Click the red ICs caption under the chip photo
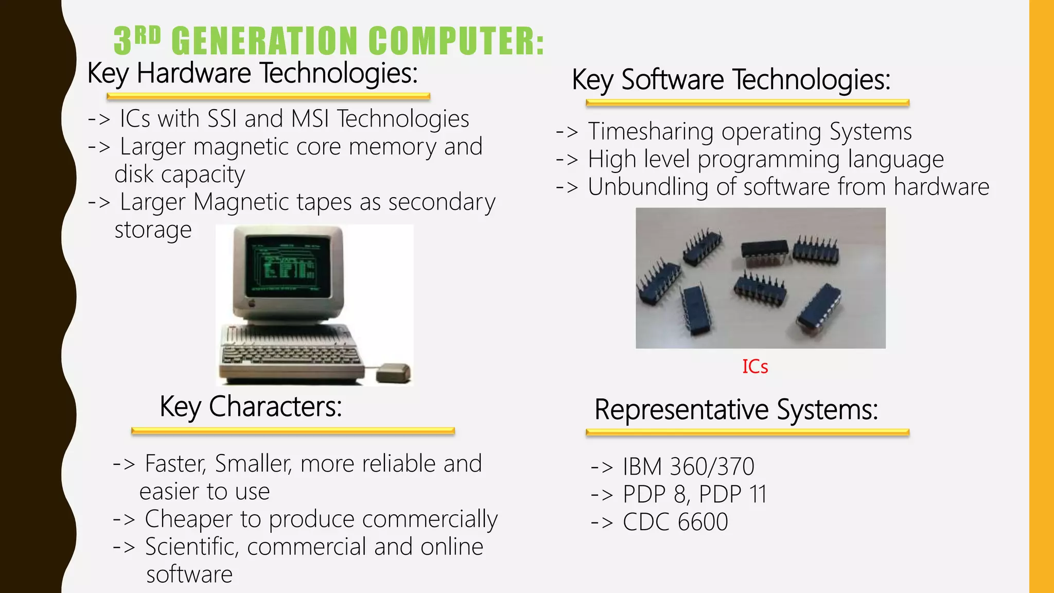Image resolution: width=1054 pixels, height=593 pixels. [x=755, y=367]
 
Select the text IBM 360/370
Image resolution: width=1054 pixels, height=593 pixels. [x=688, y=467]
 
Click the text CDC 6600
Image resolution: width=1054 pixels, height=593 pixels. [x=675, y=522]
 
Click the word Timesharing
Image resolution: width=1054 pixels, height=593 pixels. [x=651, y=132]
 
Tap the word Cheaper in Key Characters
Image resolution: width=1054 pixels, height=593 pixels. [x=188, y=519]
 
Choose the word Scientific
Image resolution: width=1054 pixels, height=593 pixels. [x=192, y=547]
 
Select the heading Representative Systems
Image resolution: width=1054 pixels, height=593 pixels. [x=736, y=410]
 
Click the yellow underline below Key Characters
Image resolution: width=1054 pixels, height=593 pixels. [x=293, y=431]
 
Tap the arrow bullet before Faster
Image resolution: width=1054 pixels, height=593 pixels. [x=124, y=464]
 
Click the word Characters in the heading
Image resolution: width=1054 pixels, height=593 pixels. [x=275, y=407]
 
